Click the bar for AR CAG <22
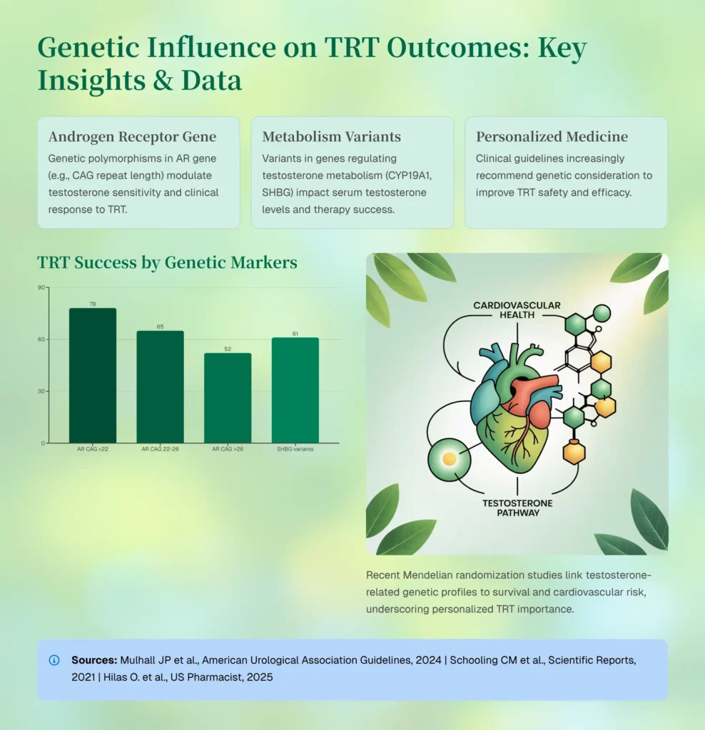point(93,375)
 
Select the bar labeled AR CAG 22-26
point(161,387)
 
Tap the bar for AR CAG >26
point(228,398)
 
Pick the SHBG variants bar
point(295,390)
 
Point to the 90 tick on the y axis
point(41,287)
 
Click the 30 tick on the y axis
point(41,391)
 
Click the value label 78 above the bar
point(93,304)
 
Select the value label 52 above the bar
point(228,349)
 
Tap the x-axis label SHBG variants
point(295,449)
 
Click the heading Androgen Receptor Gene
point(132,136)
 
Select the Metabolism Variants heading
point(331,136)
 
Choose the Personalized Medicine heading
point(552,136)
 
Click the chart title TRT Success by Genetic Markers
point(167,262)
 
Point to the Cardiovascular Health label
point(517,310)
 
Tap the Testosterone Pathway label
point(517,508)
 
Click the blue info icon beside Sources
point(54,660)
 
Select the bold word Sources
point(94,660)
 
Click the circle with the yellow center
point(449,460)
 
